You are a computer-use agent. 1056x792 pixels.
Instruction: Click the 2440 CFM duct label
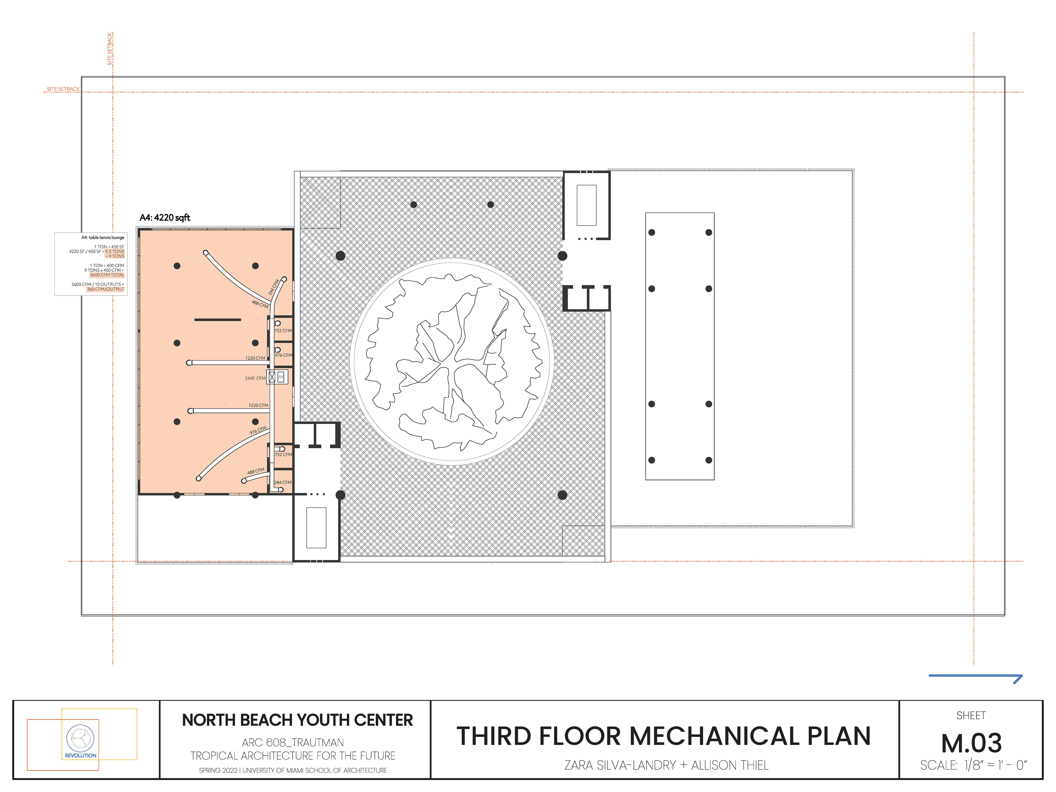[255, 378]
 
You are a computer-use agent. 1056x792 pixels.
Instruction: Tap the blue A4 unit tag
[281, 377]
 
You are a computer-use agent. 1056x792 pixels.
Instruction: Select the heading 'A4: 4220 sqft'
[165, 218]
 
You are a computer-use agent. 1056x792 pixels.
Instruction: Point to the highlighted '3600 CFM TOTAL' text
[107, 275]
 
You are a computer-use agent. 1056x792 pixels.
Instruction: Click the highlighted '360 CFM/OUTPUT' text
[106, 289]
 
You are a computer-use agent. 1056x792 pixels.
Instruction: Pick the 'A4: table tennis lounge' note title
[103, 237]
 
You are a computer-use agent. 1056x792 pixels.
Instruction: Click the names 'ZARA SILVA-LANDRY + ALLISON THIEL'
[666, 765]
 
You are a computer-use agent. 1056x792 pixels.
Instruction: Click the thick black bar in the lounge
[218, 319]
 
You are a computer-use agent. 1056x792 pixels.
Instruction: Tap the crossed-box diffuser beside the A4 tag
[272, 377]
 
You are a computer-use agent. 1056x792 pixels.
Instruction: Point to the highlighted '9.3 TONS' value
[115, 252]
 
